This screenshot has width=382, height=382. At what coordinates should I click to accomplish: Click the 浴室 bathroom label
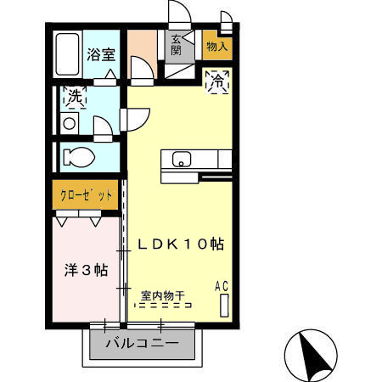101,55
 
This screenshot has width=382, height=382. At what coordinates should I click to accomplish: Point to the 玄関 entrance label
176,45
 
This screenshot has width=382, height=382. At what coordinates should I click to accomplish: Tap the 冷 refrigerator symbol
218,82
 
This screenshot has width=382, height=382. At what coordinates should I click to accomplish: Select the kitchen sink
183,159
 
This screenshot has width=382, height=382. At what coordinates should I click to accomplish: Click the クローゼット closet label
86,195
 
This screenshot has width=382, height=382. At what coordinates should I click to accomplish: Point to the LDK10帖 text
181,244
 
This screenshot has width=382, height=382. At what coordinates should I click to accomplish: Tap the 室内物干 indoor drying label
166,296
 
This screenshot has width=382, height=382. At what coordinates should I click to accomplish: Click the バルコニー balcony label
142,345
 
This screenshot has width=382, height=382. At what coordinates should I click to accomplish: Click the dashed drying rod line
166,306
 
